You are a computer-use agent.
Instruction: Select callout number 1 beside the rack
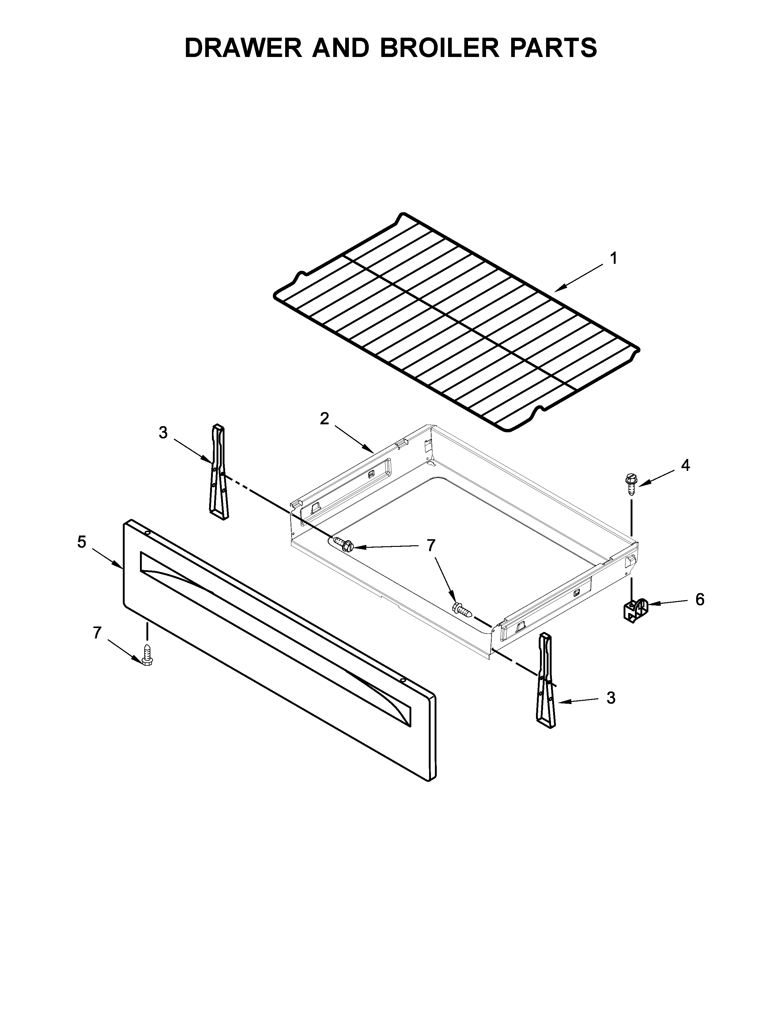click(613, 258)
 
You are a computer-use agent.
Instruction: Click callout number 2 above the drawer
click(324, 418)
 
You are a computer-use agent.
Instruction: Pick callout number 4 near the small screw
click(685, 465)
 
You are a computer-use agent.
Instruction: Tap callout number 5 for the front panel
click(82, 542)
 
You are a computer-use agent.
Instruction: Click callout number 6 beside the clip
click(700, 600)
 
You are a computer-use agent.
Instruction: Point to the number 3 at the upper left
click(163, 433)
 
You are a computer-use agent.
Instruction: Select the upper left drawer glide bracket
click(218, 472)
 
